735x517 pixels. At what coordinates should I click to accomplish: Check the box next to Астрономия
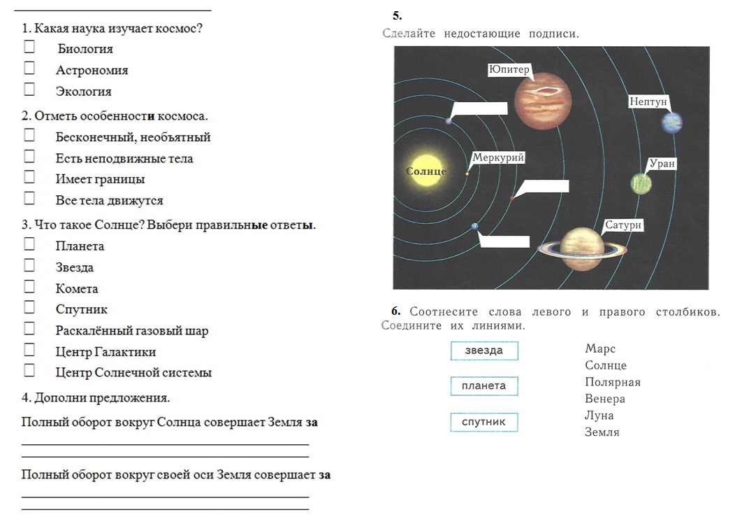coord(29,68)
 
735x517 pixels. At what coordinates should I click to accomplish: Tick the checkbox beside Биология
coord(29,46)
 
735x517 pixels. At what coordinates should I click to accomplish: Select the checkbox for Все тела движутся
coord(29,198)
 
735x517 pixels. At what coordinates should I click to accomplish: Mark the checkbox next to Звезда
coord(29,265)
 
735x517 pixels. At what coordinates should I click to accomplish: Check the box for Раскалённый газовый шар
coord(29,328)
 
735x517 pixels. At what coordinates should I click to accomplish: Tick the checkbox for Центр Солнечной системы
coord(29,371)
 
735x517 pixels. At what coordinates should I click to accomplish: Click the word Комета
coord(77,288)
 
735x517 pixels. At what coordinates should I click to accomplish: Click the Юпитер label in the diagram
coord(509,69)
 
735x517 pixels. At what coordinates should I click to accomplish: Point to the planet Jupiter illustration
coord(543,101)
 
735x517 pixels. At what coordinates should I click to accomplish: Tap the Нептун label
coord(648,101)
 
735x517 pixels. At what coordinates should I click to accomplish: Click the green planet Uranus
coord(641,183)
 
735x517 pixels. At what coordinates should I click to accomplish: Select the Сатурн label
coord(623,225)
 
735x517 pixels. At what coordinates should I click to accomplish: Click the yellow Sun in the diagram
coord(427,171)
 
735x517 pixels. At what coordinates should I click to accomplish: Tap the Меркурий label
coord(498,157)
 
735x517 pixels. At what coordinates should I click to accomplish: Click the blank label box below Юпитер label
coord(480,108)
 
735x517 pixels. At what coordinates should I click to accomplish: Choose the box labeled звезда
coord(484,350)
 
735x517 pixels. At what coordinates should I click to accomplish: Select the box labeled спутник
coord(484,422)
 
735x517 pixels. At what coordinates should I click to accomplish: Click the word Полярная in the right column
coord(613,382)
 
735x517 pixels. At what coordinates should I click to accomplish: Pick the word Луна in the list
coord(599,416)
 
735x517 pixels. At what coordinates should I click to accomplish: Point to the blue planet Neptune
coord(671,122)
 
